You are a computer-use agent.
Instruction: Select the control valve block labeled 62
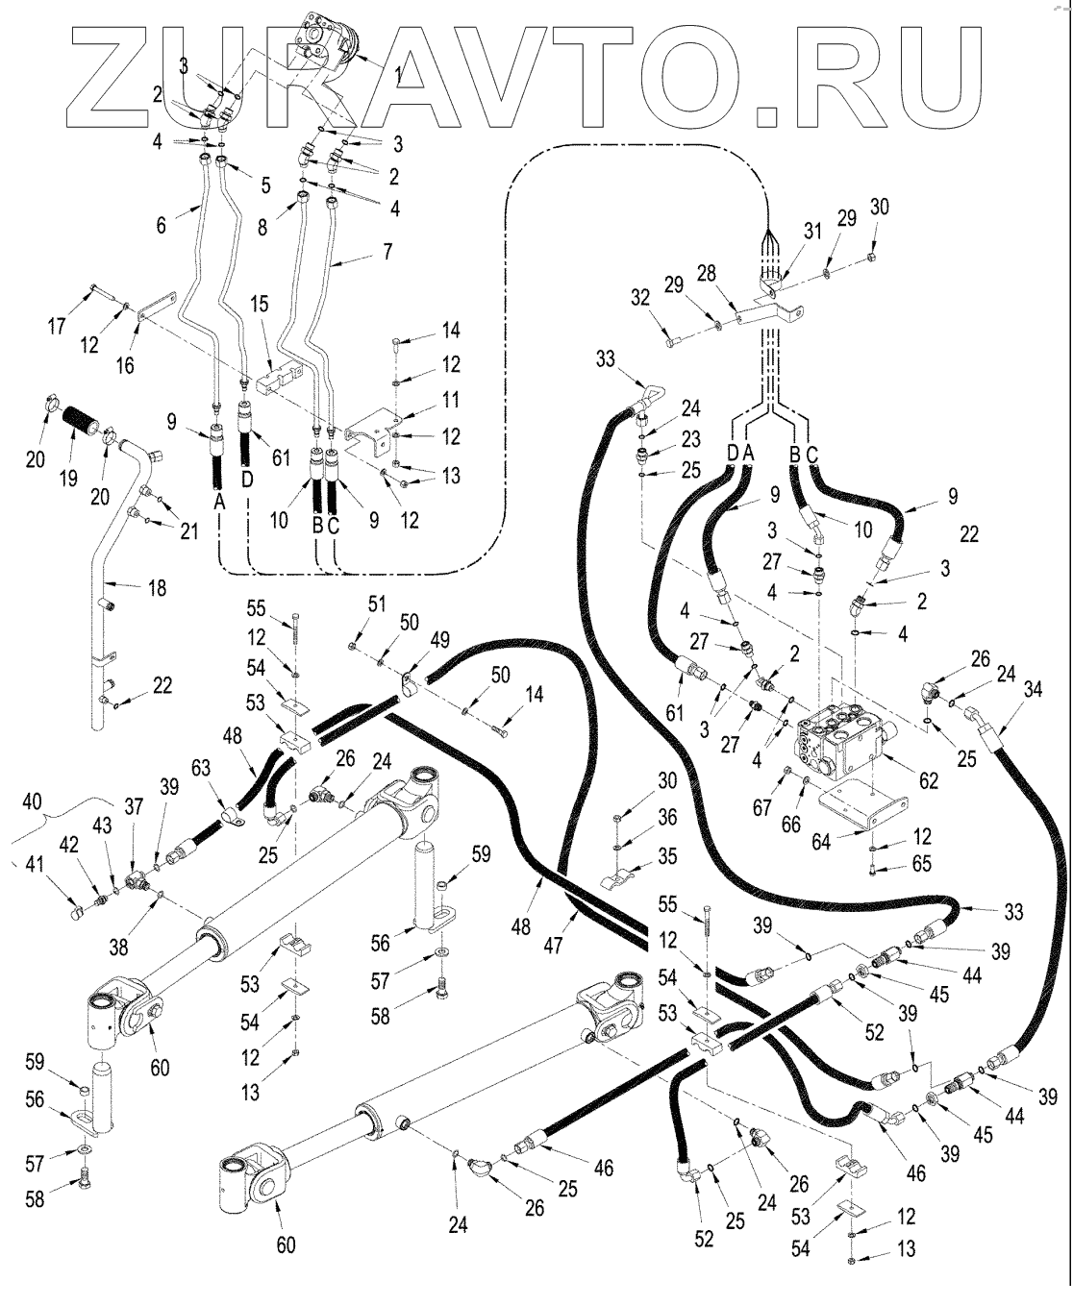[x=836, y=739]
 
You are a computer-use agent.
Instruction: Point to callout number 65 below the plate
[x=921, y=863]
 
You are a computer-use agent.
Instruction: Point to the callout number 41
[x=35, y=864]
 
